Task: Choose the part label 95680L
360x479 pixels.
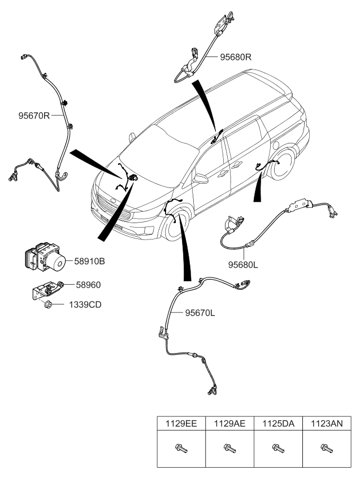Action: (x=243, y=263)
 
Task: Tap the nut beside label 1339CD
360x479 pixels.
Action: (x=49, y=305)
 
